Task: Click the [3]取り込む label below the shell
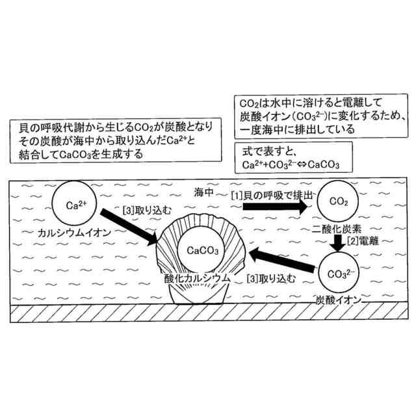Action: coord(270,279)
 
